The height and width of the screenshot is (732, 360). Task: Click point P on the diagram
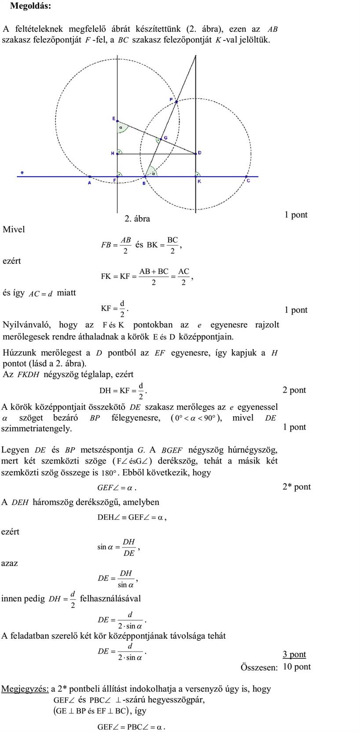[176, 102]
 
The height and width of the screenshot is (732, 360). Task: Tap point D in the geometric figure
[195, 154]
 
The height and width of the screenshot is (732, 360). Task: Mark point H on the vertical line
[118, 154]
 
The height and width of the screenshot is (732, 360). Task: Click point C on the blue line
[246, 177]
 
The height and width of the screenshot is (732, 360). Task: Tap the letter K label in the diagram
[199, 181]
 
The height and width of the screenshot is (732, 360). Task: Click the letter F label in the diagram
[115, 180]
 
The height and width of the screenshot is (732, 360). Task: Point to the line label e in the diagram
[22, 172]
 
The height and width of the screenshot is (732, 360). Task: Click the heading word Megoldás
[30, 6]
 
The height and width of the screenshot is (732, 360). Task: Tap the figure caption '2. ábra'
[137, 219]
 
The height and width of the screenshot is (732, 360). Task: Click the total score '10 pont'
[297, 666]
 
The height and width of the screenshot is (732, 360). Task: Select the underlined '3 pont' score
[294, 655]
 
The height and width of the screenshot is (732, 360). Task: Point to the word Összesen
[259, 667]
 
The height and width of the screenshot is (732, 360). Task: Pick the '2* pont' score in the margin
[297, 486]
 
